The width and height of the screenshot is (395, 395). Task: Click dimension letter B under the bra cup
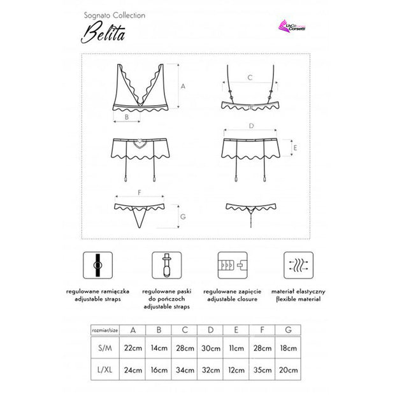127,117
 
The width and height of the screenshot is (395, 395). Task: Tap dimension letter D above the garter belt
252,126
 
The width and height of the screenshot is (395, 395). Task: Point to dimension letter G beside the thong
182,218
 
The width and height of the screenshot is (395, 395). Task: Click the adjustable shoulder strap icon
96,264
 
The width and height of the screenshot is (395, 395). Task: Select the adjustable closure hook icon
230,264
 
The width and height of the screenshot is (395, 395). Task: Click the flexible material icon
297,264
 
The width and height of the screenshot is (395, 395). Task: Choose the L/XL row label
104,370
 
